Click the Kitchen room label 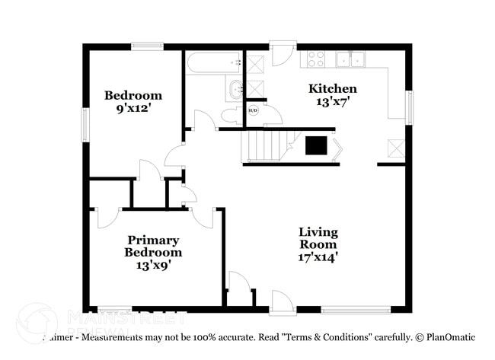coord(332,88)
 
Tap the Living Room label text coord(318,238)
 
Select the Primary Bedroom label coord(154,246)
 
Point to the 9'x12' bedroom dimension coord(133,108)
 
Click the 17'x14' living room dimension coord(318,257)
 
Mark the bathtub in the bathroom coord(214,62)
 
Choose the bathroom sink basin coord(235,88)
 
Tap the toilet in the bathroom coord(232,116)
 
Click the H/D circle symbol coord(253,111)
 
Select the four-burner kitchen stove coord(316,59)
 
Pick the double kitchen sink coord(351,59)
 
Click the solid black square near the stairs coord(316,145)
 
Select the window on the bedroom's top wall coord(147,46)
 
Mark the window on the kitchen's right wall coord(409,107)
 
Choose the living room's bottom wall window coord(356,309)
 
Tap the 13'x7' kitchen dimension coord(332,100)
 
